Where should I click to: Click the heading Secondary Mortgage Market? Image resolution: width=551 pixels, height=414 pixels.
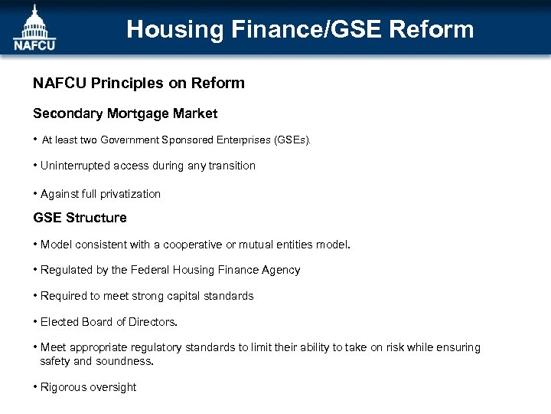pyautogui.click(x=125, y=113)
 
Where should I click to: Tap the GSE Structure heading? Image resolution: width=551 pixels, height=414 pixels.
pyautogui.click(x=80, y=218)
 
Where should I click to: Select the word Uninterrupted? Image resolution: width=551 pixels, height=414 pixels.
pyautogui.click(x=75, y=166)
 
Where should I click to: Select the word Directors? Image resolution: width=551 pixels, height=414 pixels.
pyautogui.click(x=152, y=322)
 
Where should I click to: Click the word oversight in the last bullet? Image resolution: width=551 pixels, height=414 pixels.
pyautogui.click(x=113, y=387)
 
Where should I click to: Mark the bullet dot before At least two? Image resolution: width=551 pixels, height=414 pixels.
pyautogui.click(x=35, y=140)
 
